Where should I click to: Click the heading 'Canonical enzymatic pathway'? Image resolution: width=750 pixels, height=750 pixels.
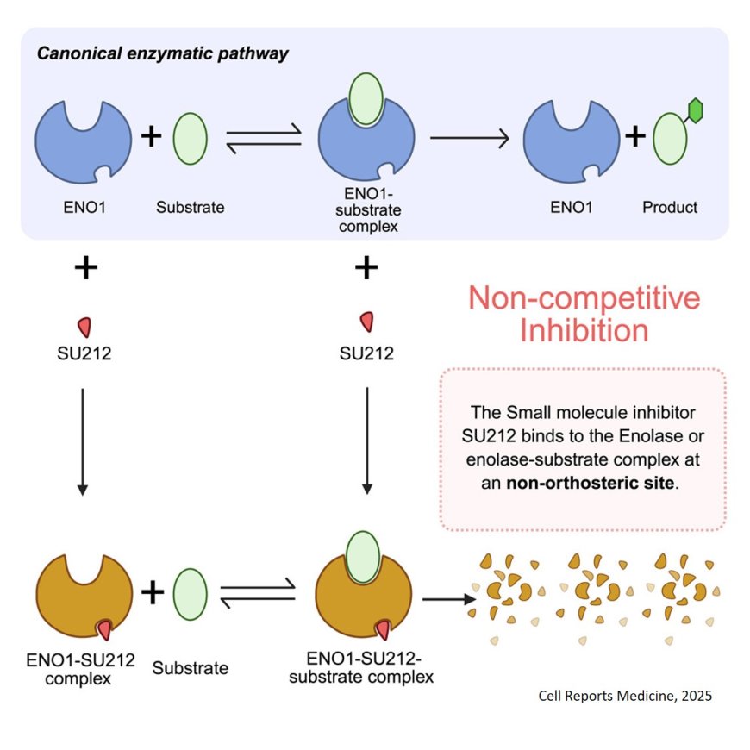(x=162, y=53)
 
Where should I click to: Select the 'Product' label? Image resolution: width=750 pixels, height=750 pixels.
(x=670, y=207)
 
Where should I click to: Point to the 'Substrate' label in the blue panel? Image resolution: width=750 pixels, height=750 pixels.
(x=190, y=207)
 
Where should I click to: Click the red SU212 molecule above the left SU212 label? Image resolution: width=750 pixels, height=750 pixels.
(x=84, y=327)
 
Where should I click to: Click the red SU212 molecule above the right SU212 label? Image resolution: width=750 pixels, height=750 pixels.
(x=366, y=322)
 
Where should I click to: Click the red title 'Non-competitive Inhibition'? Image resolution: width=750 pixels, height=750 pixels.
(x=584, y=314)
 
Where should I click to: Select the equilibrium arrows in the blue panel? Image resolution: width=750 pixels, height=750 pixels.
(x=263, y=137)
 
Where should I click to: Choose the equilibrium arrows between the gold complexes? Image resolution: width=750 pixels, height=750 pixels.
(x=258, y=592)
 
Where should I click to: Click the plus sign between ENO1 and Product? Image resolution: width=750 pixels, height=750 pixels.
(x=634, y=136)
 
